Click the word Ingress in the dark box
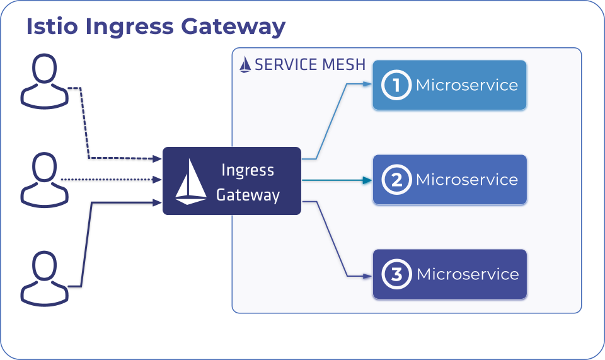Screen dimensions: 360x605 [248, 170]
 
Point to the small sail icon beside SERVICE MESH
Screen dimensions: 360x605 [245, 65]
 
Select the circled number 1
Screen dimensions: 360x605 [396, 85]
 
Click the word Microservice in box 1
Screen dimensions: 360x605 [466, 85]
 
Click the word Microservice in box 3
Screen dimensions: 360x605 [468, 274]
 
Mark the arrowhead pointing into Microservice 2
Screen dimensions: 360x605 [367, 180]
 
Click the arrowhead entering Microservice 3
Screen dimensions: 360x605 [367, 276]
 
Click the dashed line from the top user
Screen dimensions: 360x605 [88, 126]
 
